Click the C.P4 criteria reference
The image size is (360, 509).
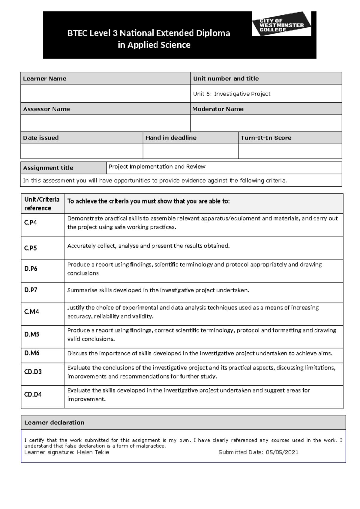pyautogui.click(x=31, y=223)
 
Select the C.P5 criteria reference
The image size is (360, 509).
pyautogui.click(x=31, y=248)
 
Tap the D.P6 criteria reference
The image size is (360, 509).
pyautogui.click(x=31, y=269)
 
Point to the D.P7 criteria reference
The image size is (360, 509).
pyautogui.click(x=31, y=290)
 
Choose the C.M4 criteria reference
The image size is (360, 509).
pyautogui.click(x=31, y=312)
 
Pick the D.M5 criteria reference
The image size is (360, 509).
pyautogui.click(x=32, y=334)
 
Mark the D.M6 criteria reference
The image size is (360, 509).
pyautogui.click(x=32, y=353)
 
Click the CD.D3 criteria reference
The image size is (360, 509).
pyautogui.click(x=33, y=372)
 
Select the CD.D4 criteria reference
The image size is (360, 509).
pyautogui.click(x=33, y=394)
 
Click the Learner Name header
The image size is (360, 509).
pyautogui.click(x=45, y=79)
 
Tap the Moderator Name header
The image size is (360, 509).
pyautogui.click(x=218, y=109)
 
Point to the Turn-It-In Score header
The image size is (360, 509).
pyautogui.click(x=266, y=138)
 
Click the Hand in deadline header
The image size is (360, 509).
pyautogui.click(x=171, y=138)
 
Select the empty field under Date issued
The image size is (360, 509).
pyautogui.click(x=82, y=151)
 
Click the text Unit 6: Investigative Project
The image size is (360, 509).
pyautogui.click(x=232, y=94)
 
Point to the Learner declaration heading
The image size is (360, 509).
pyautogui.click(x=54, y=423)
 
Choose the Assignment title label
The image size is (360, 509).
pyautogui.click(x=48, y=168)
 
